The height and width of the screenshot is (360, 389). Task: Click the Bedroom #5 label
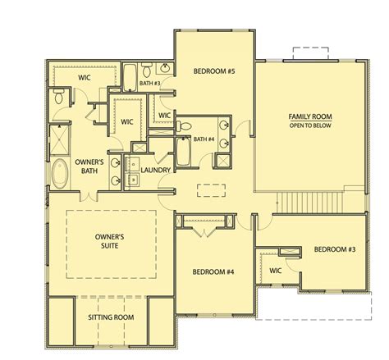(x=214, y=71)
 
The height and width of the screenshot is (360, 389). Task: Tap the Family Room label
(x=310, y=116)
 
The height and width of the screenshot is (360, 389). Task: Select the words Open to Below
(x=310, y=125)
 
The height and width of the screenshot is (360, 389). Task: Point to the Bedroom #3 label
(x=335, y=249)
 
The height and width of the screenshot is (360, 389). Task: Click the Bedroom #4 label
(x=213, y=272)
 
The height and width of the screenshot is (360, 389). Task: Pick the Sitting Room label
(x=111, y=317)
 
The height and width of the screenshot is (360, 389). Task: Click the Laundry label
(x=156, y=170)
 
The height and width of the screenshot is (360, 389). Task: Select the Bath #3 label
(x=149, y=83)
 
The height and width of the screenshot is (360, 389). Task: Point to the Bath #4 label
(x=204, y=139)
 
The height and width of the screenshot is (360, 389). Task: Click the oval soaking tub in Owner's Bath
(x=60, y=174)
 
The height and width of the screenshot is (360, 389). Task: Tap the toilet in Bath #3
(x=147, y=70)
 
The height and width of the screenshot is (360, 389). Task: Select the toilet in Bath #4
(x=184, y=126)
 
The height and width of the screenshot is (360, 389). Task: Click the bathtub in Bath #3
(x=130, y=78)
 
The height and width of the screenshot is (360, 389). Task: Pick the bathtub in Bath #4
(x=182, y=152)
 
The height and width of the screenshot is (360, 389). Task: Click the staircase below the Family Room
(x=309, y=203)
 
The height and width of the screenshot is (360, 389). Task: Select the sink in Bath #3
(x=165, y=68)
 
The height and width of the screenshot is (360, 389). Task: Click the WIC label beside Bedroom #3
(x=275, y=271)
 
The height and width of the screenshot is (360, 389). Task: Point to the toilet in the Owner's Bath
(x=58, y=96)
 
